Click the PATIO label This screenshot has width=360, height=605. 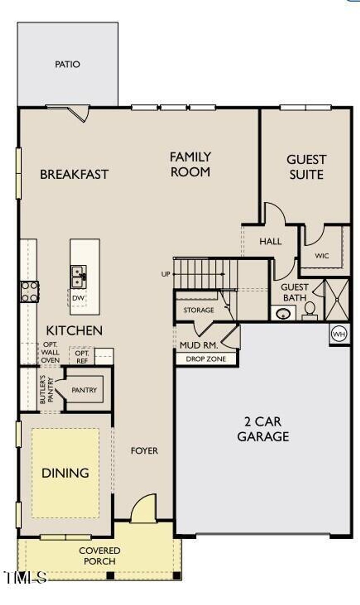coord(67,64)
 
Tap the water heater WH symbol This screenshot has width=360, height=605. coord(339,334)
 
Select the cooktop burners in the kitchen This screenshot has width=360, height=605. coord(30,292)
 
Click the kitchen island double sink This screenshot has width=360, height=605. coord(78,276)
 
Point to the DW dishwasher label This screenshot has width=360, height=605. coord(78,298)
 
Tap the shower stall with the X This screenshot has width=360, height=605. coord(337,300)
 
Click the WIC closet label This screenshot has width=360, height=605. coord(322,256)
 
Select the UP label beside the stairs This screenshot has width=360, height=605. coord(166,274)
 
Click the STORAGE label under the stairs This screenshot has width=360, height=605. coord(199,310)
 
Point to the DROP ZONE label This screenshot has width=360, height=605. coord(206,359)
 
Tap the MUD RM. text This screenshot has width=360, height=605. coord(199,345)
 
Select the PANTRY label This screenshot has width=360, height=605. coord(84,390)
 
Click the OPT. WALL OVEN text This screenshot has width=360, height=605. coord(50,352)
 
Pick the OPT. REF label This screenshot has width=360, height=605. coord(82,357)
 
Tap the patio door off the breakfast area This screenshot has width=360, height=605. coord(78,113)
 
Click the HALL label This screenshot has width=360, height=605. coord(270,241)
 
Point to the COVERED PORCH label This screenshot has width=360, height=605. coord(100,556)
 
